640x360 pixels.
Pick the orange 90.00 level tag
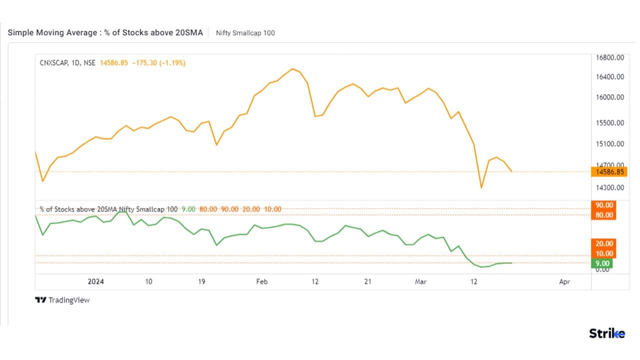(603, 205)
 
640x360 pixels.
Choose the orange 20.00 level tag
(603, 243)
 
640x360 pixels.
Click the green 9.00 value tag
(602, 263)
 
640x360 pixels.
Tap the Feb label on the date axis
(262, 281)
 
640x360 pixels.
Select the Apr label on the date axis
(564, 281)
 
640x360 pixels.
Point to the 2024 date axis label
(95, 281)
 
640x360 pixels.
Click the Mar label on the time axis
(420, 281)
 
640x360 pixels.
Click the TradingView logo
(62, 300)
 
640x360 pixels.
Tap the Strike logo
(606, 334)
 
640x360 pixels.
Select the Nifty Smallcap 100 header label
(245, 33)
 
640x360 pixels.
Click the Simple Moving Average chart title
(105, 32)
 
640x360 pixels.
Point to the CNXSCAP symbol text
(53, 63)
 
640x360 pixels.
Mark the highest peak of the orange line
(292, 68)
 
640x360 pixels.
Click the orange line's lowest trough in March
(481, 188)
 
